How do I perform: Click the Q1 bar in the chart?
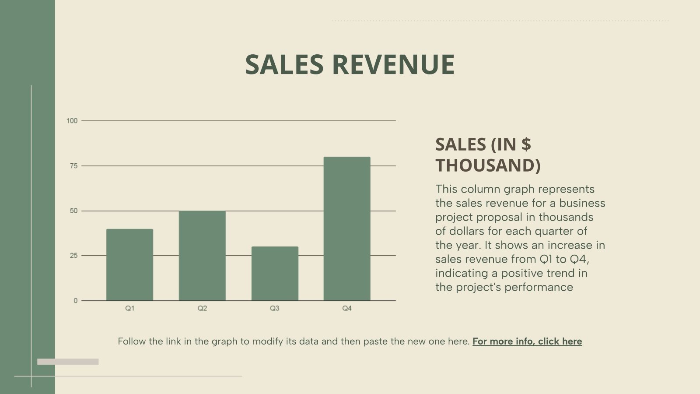coord(129,264)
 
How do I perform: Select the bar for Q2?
coord(202,256)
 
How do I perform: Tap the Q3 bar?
coord(275,273)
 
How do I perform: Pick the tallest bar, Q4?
coord(347,229)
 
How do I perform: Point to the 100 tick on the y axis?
coord(72,121)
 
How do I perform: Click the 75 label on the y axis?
coord(73,166)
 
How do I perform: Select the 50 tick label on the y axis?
coord(73,211)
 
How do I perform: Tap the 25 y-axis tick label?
coord(73,256)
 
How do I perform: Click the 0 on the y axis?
coord(76,301)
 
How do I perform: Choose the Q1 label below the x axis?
coord(130,308)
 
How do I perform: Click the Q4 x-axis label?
coord(347,308)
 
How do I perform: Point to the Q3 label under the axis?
coord(275,308)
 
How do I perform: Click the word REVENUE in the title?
coord(393,64)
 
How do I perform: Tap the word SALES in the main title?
coord(284,64)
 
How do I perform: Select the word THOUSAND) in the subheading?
coord(488,165)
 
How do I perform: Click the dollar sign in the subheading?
coord(526,144)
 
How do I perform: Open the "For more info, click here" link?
coord(527,341)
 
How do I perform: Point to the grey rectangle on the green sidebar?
coord(68,362)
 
